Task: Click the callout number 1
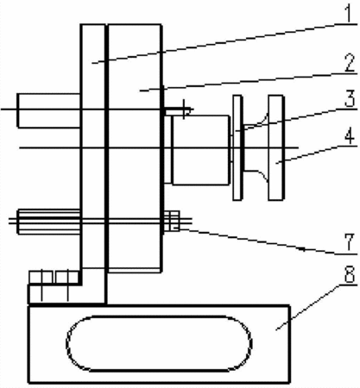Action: click(349, 13)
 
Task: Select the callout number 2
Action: click(349, 63)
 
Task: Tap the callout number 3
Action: click(350, 98)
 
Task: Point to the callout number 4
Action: click(350, 135)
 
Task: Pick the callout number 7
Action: click(349, 242)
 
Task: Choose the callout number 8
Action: click(349, 274)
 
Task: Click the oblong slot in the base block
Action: click(159, 316)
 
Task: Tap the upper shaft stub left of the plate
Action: click(48, 110)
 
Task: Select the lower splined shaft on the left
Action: click(49, 222)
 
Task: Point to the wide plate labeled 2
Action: click(134, 148)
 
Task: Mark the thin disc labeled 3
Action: click(237, 147)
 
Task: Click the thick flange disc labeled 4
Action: click(276, 147)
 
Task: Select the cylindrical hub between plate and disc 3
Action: click(200, 149)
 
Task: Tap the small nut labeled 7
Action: click(172, 221)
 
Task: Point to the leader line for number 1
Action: click(224, 43)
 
